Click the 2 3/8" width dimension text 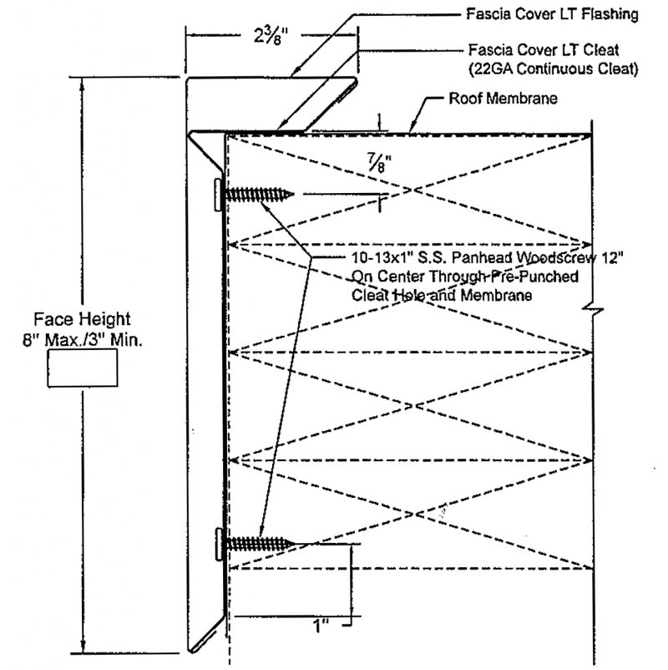click(x=271, y=35)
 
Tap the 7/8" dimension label click(x=378, y=163)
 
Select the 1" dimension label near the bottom click(x=321, y=627)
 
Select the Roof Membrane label click(x=503, y=99)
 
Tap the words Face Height click(x=82, y=319)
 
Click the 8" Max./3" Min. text click(x=83, y=340)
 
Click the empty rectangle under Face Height click(x=83, y=368)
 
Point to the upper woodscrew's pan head click(x=218, y=195)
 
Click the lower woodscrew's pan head click(x=219, y=544)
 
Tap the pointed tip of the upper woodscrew click(x=293, y=195)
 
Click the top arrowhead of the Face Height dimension click(x=83, y=85)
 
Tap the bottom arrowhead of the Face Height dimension click(x=83, y=646)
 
